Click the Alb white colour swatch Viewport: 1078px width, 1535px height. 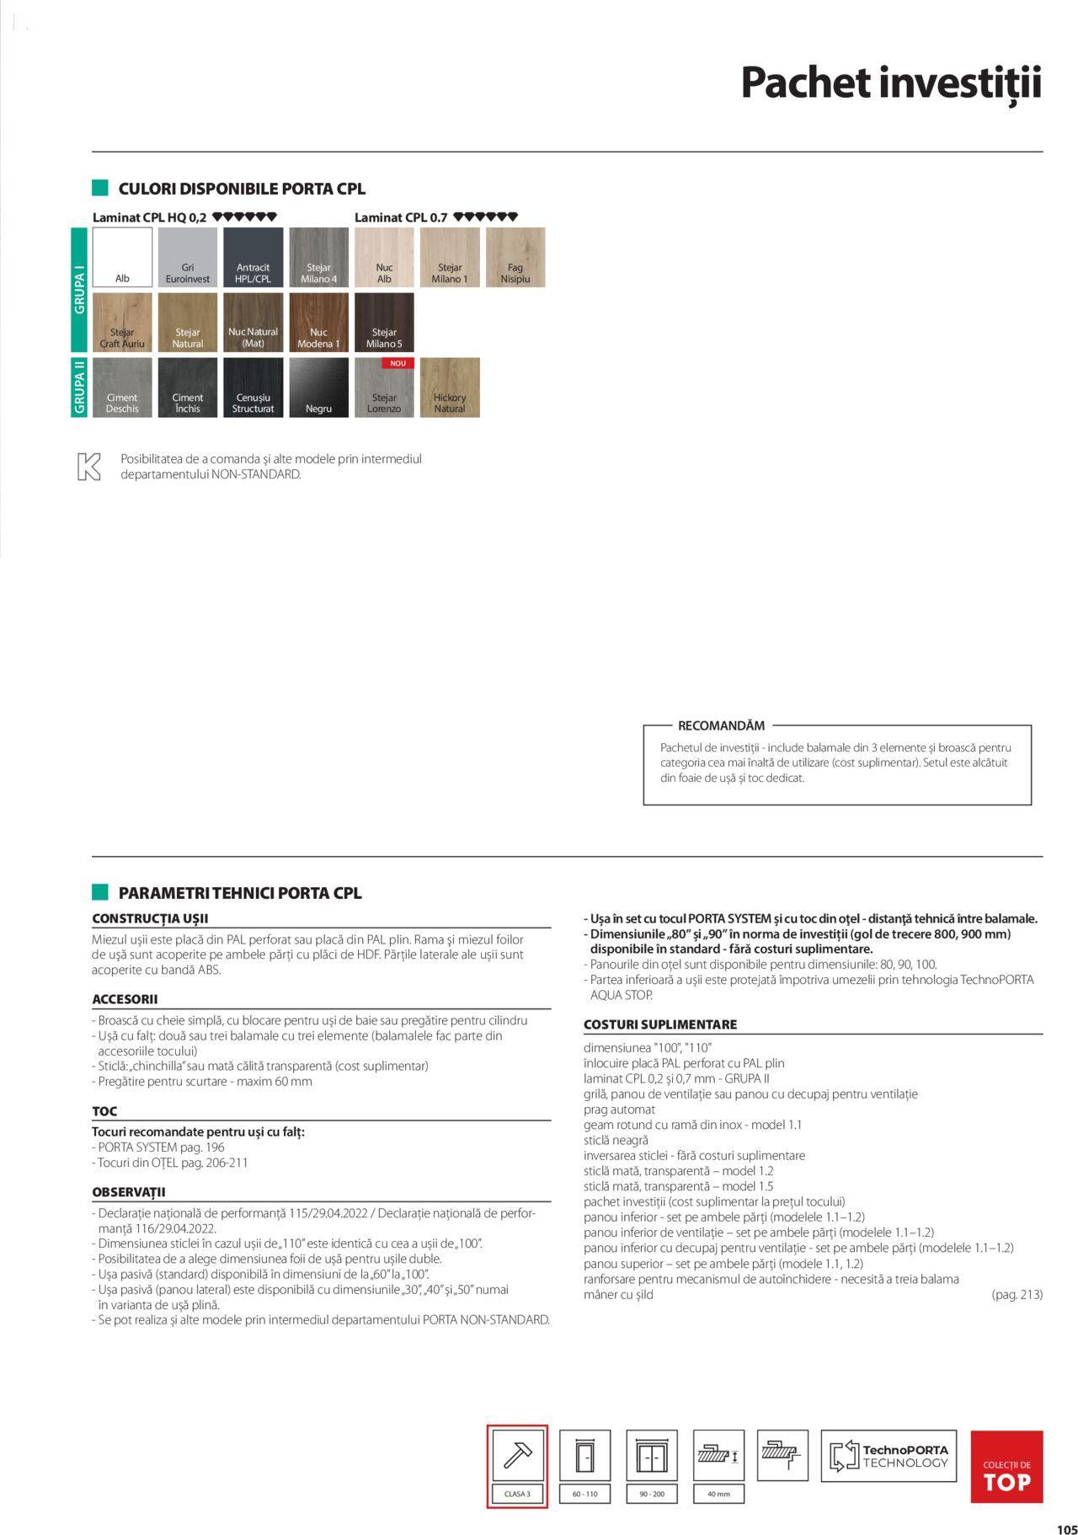(x=122, y=257)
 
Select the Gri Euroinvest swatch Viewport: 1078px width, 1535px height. (x=187, y=257)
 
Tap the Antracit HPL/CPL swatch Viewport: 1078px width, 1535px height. (x=253, y=257)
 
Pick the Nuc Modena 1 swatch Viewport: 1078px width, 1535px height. (x=318, y=322)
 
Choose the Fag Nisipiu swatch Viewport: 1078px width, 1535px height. (x=515, y=257)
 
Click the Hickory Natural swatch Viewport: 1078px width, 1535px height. (x=450, y=388)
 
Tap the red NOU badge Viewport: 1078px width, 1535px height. (x=398, y=364)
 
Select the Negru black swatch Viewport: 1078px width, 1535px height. (x=318, y=388)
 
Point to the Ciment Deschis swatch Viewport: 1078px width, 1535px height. (x=122, y=388)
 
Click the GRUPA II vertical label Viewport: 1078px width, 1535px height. (x=80, y=388)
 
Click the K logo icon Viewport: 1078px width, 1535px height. (x=88, y=467)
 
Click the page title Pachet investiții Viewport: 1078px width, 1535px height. (x=891, y=83)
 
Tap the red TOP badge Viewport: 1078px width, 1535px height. (x=1006, y=1467)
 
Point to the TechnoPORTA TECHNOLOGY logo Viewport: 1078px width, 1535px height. (x=889, y=1456)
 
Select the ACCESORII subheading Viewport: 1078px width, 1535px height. (x=125, y=999)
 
